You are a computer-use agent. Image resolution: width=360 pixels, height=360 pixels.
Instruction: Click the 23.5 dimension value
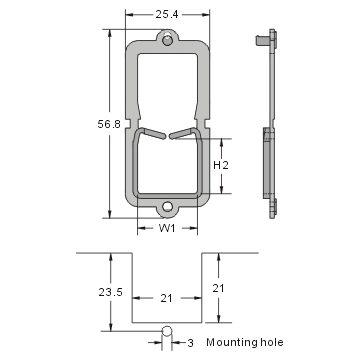(93, 293)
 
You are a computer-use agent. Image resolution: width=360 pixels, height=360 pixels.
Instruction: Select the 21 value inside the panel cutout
(167, 297)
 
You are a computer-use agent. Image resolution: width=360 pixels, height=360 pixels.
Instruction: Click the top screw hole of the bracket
(166, 42)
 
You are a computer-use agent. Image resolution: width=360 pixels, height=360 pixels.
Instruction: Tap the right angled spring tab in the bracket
(184, 132)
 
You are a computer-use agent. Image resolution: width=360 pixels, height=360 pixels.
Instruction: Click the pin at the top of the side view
(262, 41)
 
